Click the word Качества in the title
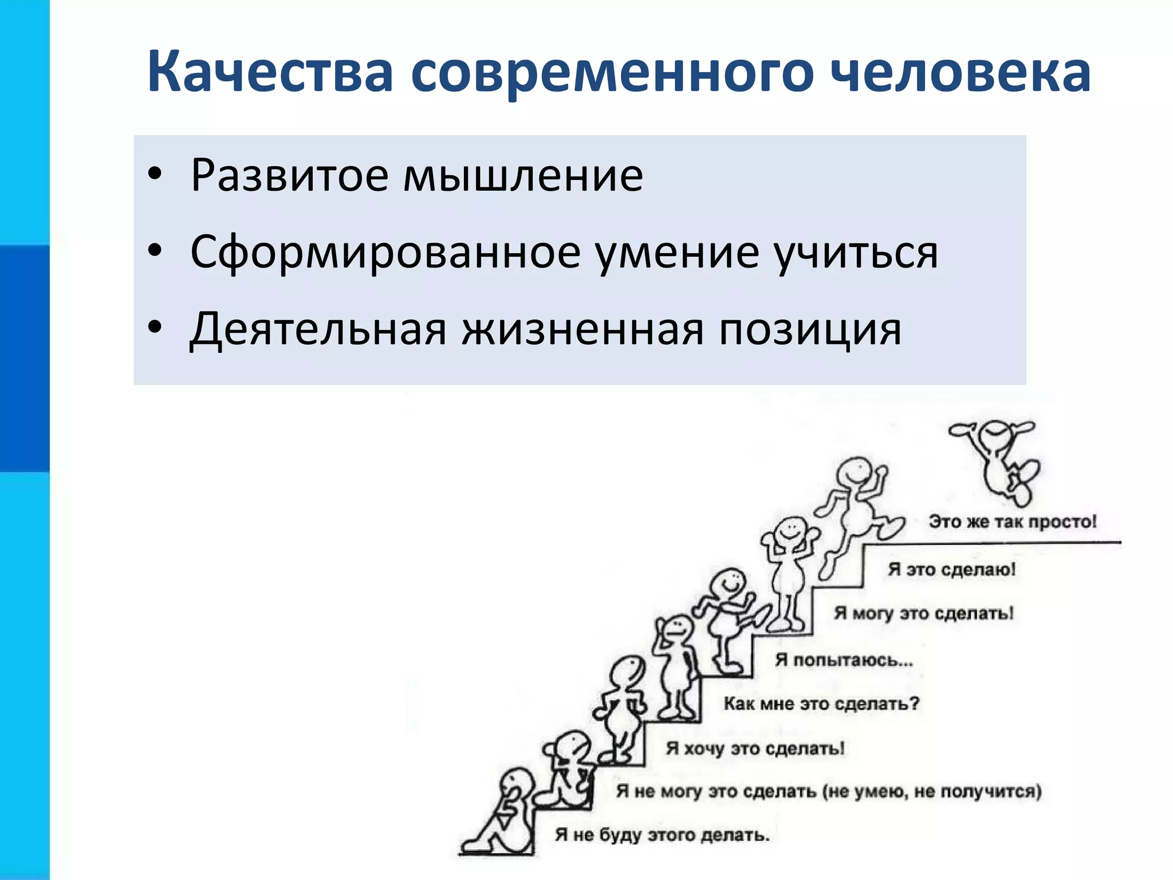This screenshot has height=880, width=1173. pyautogui.click(x=270, y=72)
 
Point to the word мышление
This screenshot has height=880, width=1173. pyautogui.click(x=523, y=175)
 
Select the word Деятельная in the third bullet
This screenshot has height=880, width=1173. pyautogui.click(x=318, y=329)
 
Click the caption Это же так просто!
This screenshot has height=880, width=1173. pyautogui.click(x=1012, y=522)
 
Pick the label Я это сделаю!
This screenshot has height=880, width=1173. pyautogui.click(x=951, y=569)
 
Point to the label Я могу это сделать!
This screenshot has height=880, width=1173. pyautogui.click(x=923, y=613)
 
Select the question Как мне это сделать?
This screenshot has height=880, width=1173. pyautogui.click(x=821, y=704)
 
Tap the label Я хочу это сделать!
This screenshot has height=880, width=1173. pyautogui.click(x=755, y=748)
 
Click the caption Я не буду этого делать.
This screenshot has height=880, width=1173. pyautogui.click(x=662, y=835)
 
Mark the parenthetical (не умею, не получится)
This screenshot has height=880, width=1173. pyautogui.click(x=932, y=791)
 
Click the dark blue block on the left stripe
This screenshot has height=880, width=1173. pyautogui.click(x=25, y=358)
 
